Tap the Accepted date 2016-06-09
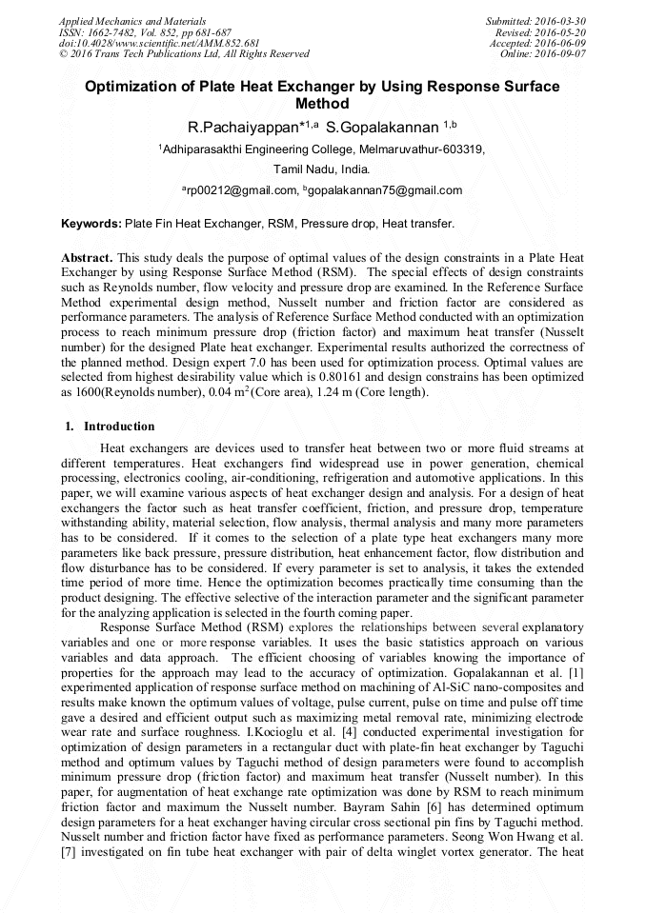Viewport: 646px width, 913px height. [563, 44]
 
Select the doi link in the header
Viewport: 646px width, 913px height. [159, 44]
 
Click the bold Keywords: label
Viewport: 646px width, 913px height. [91, 225]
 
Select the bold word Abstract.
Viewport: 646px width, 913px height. [87, 258]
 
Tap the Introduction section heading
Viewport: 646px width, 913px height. [119, 427]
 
